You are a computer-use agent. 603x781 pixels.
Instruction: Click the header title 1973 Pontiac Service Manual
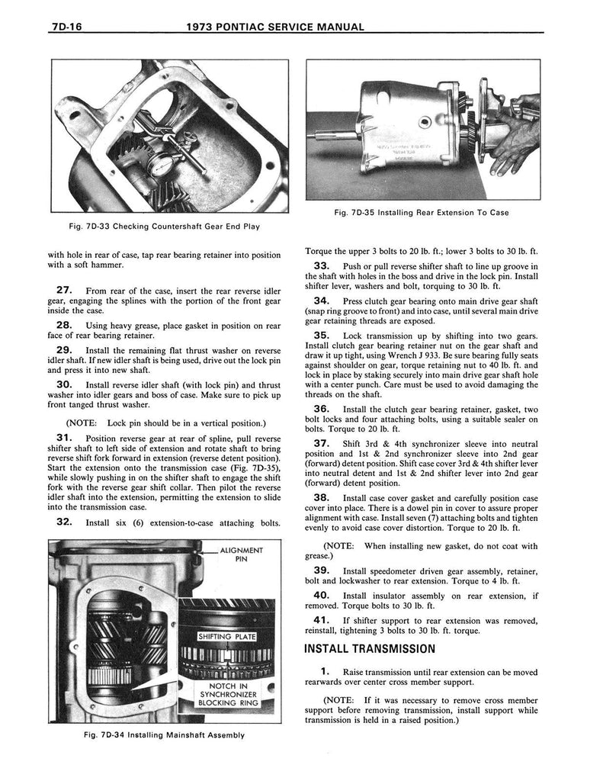coord(274,27)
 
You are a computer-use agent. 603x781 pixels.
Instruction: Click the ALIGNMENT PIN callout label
coord(241,554)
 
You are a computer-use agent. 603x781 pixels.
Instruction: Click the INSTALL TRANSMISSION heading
coord(369,649)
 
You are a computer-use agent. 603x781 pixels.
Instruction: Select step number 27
coord(64,290)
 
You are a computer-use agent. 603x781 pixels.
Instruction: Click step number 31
coord(64,438)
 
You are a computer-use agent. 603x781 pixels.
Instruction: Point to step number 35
coord(321,336)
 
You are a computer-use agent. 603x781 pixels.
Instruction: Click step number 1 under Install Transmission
coord(324,671)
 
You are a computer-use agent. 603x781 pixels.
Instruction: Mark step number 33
coord(321,265)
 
